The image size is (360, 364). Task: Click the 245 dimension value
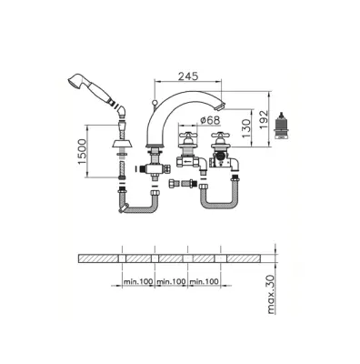pos(188,76)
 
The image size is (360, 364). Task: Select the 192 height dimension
pos(265,119)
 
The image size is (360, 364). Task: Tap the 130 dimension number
pos(247,128)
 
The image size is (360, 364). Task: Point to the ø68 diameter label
pos(210,120)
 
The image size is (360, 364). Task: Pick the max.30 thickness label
pos(271,295)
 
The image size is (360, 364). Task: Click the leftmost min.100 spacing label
pos(138,281)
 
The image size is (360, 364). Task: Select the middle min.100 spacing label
pos(171,281)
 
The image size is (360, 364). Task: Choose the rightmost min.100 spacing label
pos(204,281)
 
